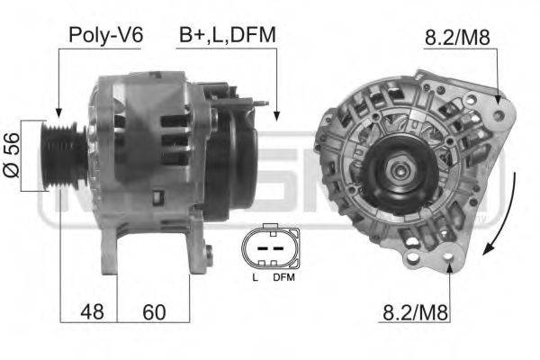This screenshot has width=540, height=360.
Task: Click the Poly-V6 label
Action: pos(105,35)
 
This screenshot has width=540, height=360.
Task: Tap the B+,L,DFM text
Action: pos(226,35)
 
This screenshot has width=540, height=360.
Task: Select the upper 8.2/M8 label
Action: pos(456,38)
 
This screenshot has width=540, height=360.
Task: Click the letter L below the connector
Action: pos(255,277)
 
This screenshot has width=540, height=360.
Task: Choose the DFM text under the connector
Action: pos(283,277)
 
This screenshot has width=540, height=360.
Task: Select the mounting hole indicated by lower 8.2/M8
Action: pos(450,261)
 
